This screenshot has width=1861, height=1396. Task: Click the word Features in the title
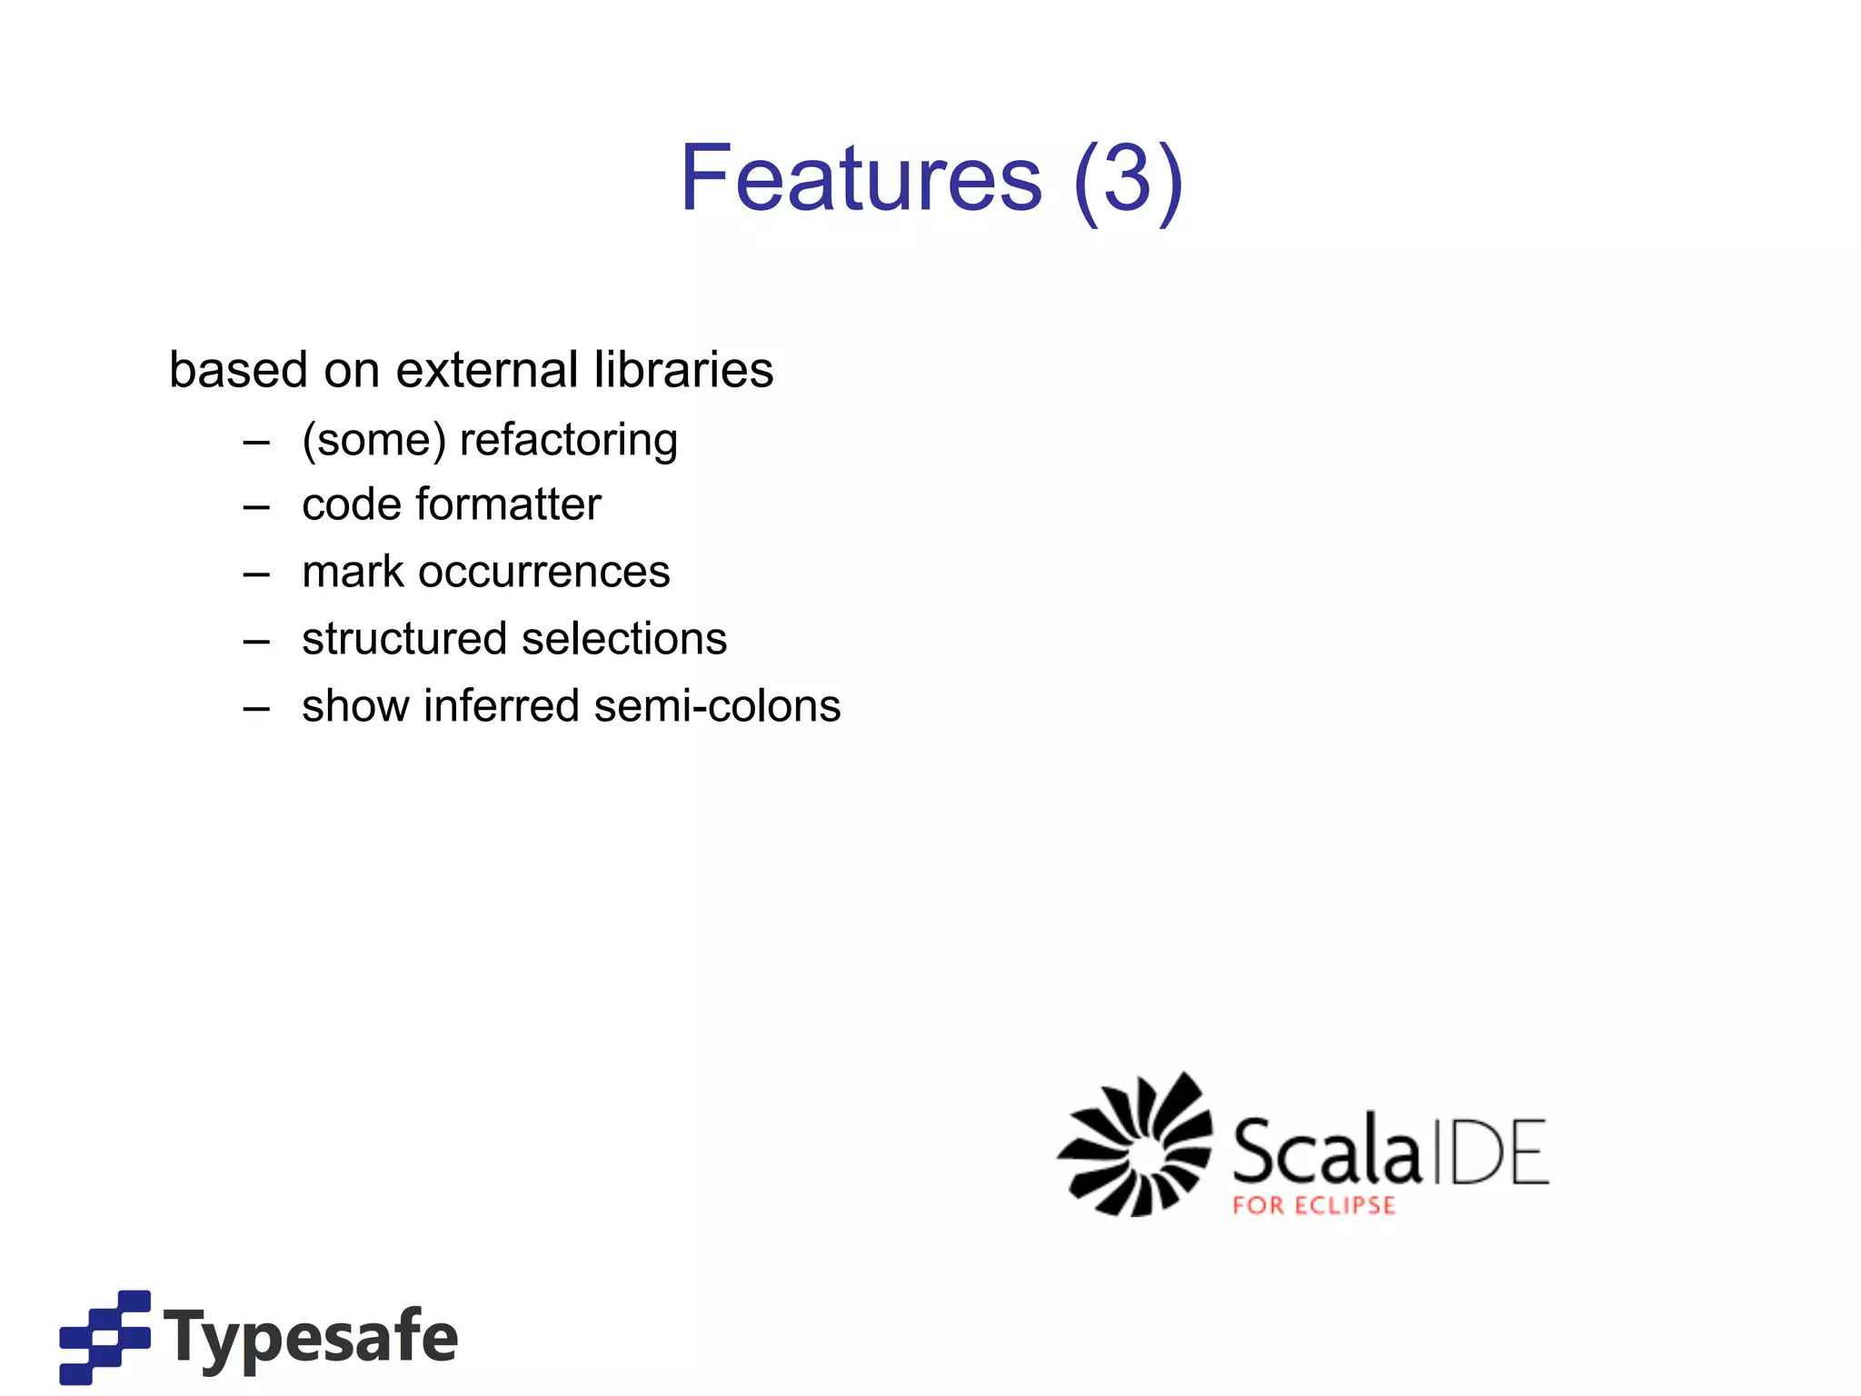861,179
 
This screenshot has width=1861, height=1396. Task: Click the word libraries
683,370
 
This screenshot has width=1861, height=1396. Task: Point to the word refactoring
569,441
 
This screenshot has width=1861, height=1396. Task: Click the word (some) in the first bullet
373,441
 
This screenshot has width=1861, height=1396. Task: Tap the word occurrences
543,572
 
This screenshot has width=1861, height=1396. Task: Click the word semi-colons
717,706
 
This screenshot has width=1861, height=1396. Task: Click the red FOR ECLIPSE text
1313,1206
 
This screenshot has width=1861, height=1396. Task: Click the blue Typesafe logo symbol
104,1336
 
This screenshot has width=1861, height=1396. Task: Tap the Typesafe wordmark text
312,1336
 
